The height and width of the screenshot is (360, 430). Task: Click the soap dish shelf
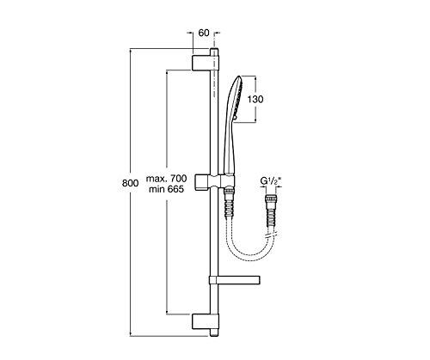(234, 283)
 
